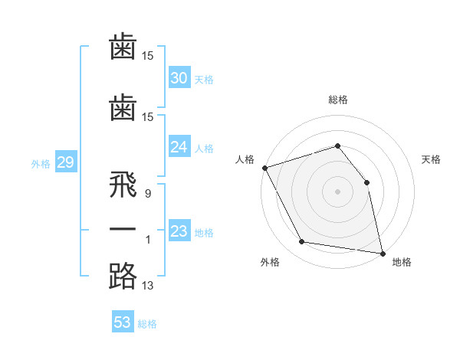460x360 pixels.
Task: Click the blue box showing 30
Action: [x=179, y=78]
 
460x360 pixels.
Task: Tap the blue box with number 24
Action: [x=179, y=147]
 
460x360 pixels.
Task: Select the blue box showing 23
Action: [x=179, y=231]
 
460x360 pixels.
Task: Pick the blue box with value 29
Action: [x=65, y=162]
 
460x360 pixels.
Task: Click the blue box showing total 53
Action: [x=123, y=322]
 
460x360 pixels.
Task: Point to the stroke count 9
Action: [x=147, y=195]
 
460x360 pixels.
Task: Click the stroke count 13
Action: [x=148, y=286]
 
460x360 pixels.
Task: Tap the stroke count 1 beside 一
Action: [x=147, y=241]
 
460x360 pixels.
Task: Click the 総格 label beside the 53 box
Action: [x=147, y=324]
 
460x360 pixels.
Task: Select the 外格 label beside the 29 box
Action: [x=40, y=164]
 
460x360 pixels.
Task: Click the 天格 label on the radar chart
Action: [x=432, y=159]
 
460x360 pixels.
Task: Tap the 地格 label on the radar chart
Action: [x=402, y=262]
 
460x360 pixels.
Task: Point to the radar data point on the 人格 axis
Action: [x=264, y=168]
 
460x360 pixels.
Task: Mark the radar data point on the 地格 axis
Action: [x=382, y=252]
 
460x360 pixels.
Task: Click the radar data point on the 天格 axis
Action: [x=366, y=182]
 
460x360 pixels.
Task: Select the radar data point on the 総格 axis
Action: [x=337, y=146]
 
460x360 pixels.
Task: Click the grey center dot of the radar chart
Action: [x=337, y=191]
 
